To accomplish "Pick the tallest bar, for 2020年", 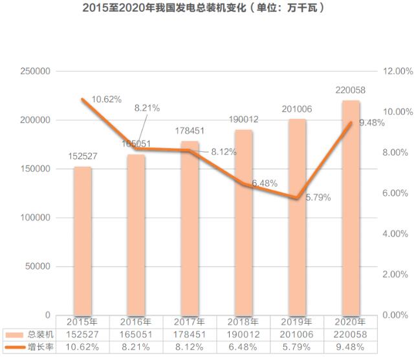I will tap(351, 207).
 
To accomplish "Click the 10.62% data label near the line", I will tap(107, 99).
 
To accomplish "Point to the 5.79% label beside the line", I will tap(318, 197).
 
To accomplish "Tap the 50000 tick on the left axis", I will tap(38, 266).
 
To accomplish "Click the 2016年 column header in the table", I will tap(137, 321).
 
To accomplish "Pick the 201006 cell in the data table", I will tap(297, 334).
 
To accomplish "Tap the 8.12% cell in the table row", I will tap(190, 348).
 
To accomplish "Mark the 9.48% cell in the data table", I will tap(351, 348).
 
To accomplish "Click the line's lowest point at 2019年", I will tap(297, 198).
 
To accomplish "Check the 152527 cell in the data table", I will tap(83, 334).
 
